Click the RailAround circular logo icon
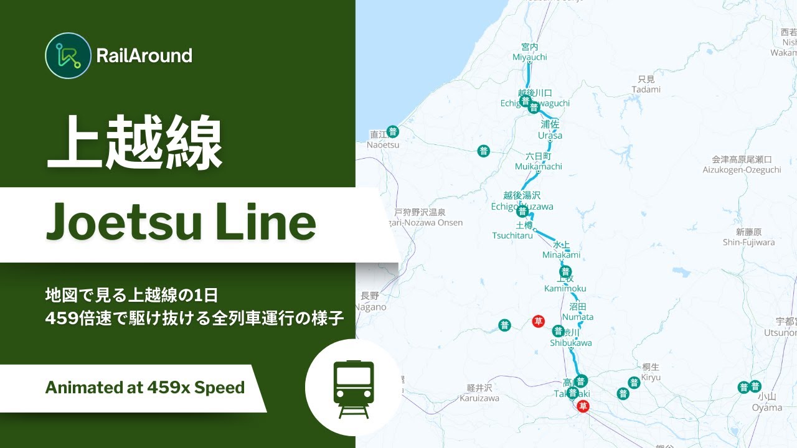68,55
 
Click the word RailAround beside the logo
144,56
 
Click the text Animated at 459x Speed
144,388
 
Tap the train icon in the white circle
354,388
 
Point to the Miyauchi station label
529,57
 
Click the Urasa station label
550,135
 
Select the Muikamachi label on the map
538,166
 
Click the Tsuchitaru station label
512,235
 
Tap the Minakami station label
561,254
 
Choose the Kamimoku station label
565,288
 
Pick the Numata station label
577,317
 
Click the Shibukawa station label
570,342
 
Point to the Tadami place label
646,89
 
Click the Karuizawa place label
479,398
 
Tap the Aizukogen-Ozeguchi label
742,169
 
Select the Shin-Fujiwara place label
748,242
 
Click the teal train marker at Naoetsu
393,131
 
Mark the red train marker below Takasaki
583,406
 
